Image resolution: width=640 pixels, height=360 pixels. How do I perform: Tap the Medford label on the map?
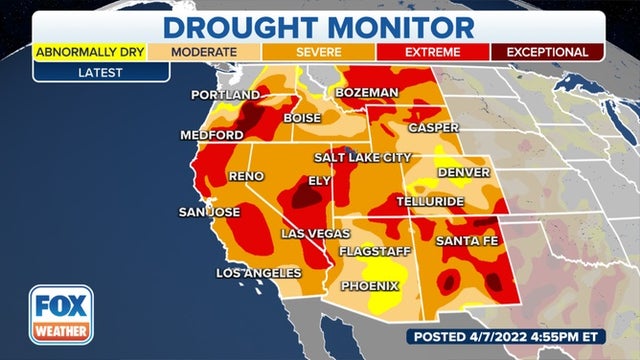(210, 135)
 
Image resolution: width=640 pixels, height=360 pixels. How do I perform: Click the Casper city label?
(433, 128)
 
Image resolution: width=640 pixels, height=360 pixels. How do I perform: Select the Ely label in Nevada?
(319, 181)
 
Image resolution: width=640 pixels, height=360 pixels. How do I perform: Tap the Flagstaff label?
(374, 251)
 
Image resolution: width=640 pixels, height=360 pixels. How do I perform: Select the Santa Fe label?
(467, 240)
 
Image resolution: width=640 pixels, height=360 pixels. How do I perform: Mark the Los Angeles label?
(259, 273)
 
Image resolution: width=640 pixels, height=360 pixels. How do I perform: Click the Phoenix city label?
(368, 286)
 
